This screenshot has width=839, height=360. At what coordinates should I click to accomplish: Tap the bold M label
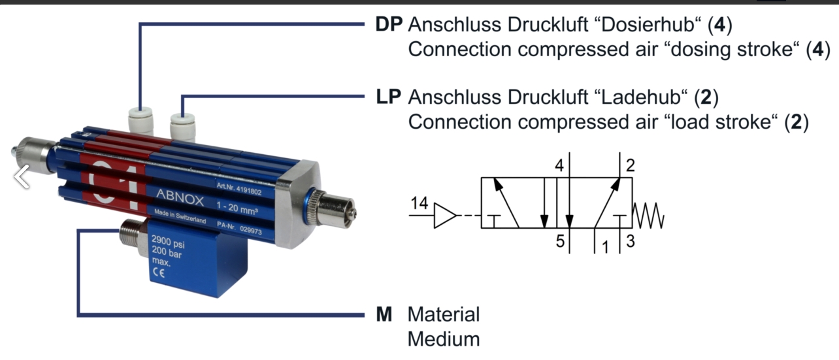pos(384,314)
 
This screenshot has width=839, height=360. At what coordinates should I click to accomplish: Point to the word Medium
pos(444,339)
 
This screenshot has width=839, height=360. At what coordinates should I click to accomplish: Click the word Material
pos(444,314)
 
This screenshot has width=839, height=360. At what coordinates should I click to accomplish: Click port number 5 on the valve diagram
pos(560,241)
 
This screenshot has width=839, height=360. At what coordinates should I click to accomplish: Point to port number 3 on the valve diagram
pos(630,241)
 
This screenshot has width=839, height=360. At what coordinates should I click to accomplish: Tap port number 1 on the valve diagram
pos(604,247)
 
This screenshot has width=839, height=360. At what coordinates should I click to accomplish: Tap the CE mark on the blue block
pos(157,274)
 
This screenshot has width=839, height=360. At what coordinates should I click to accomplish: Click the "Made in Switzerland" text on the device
pos(180,217)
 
